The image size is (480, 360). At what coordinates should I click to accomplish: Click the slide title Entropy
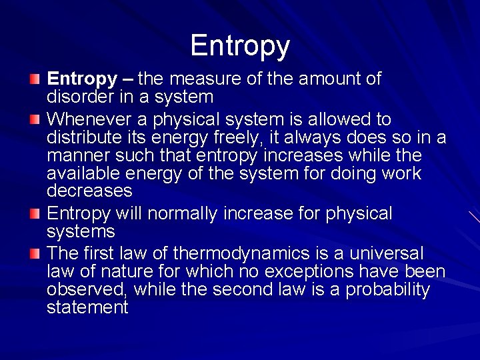coord(240,46)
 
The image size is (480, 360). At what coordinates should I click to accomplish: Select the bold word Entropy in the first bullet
coord(81,79)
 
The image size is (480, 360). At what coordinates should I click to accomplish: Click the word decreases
coord(89,191)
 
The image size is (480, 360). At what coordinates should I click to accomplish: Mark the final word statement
coord(87,307)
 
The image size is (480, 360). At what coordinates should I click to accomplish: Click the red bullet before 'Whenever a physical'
coord(35,120)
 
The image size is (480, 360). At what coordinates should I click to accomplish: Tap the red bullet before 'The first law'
coord(35,254)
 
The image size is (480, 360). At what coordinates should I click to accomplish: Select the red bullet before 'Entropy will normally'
coord(35,214)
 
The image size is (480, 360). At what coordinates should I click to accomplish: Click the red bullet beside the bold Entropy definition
coord(35,79)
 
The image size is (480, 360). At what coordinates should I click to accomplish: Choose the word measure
coord(203,79)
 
